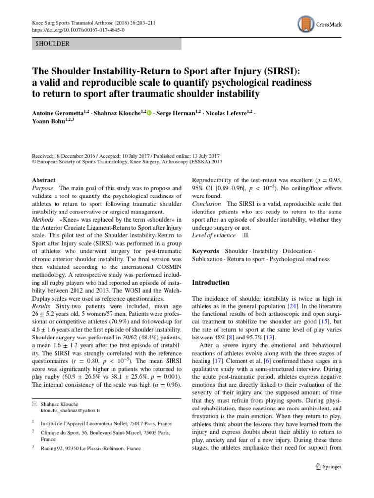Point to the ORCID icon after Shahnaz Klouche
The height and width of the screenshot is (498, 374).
149,113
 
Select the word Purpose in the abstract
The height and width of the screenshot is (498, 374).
43,188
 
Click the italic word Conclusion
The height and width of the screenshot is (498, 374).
207,203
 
